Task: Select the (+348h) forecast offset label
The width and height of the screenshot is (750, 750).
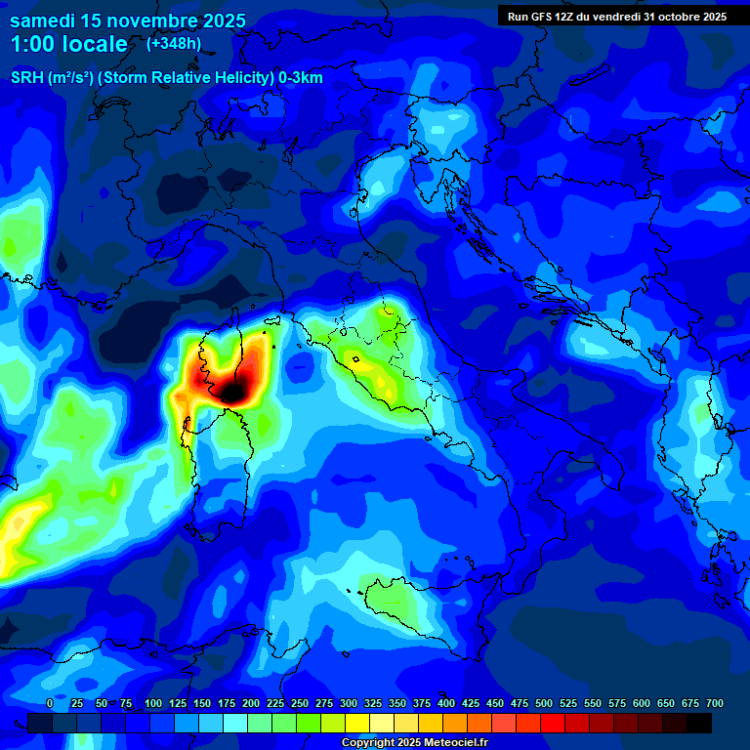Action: (174, 43)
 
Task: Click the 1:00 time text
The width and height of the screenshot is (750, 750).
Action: (31, 45)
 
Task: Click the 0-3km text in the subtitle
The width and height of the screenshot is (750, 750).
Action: (301, 78)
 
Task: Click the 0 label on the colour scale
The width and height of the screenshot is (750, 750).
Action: (50, 703)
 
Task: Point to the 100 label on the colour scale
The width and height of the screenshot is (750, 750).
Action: (153, 703)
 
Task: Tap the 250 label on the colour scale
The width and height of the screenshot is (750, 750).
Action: (300, 703)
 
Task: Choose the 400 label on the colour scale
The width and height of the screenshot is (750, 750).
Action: (446, 703)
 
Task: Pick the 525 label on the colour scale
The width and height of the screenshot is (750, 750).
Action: (568, 703)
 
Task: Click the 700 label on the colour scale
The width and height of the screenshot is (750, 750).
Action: (714, 703)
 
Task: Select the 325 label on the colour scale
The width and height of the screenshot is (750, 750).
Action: (373, 703)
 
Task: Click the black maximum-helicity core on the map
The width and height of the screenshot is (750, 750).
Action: (234, 393)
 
